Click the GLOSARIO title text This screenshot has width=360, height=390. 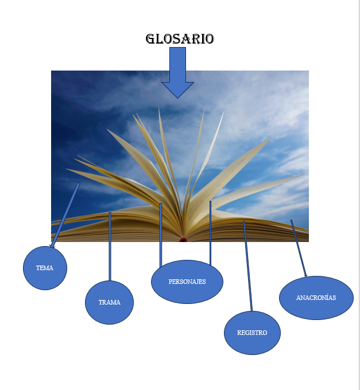point(180,39)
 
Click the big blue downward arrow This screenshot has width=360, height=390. point(177,73)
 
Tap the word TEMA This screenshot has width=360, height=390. point(45,268)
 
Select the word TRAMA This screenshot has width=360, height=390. point(109,302)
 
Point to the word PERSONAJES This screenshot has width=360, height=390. point(187,282)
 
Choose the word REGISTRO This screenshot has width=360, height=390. point(252,333)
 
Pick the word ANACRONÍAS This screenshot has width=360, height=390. point(316,298)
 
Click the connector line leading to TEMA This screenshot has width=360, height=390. point(65,215)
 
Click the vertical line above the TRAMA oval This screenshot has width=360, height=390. point(110,247)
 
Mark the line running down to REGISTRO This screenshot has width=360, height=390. point(247,266)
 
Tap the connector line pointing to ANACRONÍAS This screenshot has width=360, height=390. point(299,248)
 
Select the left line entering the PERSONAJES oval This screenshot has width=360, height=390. point(161,235)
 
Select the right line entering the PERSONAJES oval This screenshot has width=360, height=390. point(210,233)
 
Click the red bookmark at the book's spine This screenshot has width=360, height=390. point(183,240)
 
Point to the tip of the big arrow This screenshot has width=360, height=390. point(177,98)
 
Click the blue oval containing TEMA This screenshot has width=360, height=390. point(45,268)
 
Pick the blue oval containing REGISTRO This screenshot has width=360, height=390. point(252,333)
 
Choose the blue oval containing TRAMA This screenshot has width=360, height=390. point(109,302)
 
